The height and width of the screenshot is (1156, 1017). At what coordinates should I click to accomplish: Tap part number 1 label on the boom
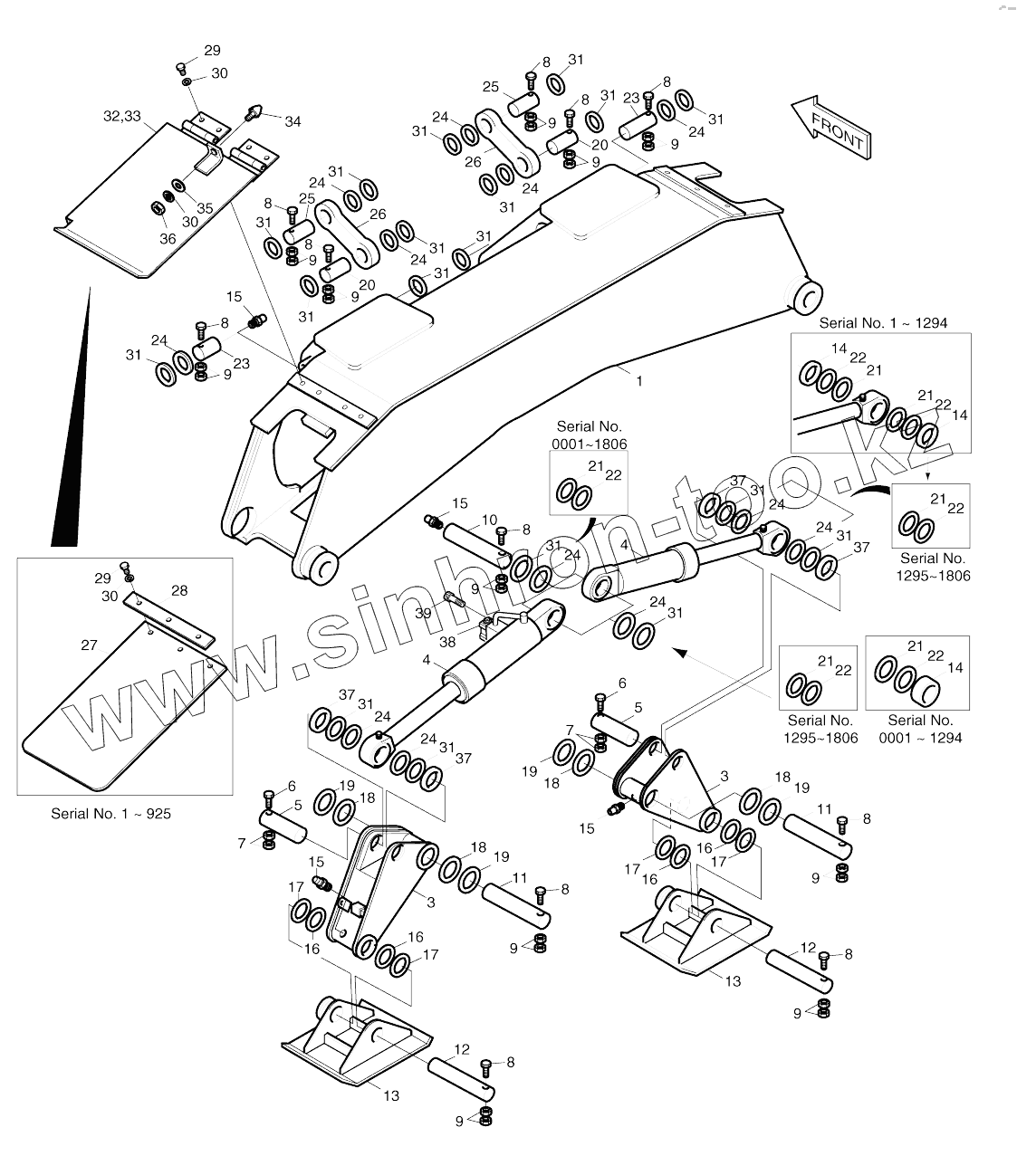coord(639,381)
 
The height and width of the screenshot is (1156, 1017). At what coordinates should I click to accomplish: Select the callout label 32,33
coord(121,116)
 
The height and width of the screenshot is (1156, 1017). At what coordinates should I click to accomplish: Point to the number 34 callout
coord(293,121)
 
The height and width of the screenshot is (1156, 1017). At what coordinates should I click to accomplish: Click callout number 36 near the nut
coord(168,239)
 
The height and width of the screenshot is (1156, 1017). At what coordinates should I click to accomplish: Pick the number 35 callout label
coord(205,208)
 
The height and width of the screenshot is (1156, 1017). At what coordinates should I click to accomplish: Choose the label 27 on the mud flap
coord(89,645)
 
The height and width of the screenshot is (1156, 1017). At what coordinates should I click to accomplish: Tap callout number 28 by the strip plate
coord(179,591)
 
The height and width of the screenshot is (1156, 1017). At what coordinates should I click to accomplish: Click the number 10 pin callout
coord(489,520)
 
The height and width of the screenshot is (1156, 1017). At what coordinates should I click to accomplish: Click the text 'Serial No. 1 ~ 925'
coord(110,814)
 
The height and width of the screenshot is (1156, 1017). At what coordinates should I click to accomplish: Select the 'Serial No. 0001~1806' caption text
coord(590,435)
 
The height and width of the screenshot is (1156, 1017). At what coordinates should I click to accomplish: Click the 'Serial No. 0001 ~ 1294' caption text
coord(920,728)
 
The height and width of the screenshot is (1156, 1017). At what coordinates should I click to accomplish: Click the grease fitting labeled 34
coord(254,113)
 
